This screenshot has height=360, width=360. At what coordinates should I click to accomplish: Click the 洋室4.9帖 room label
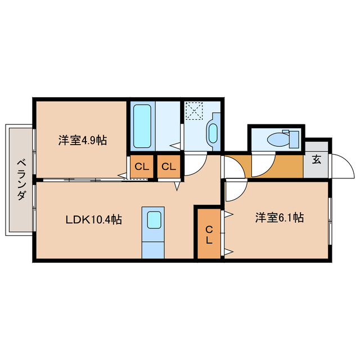pos(82,141)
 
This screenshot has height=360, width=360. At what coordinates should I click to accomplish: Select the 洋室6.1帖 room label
pos(279,218)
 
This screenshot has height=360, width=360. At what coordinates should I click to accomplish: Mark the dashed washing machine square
pos(194,110)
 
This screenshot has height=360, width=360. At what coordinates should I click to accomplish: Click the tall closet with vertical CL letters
pos(208,234)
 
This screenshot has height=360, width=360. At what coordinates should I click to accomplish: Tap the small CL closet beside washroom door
pos(168,166)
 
